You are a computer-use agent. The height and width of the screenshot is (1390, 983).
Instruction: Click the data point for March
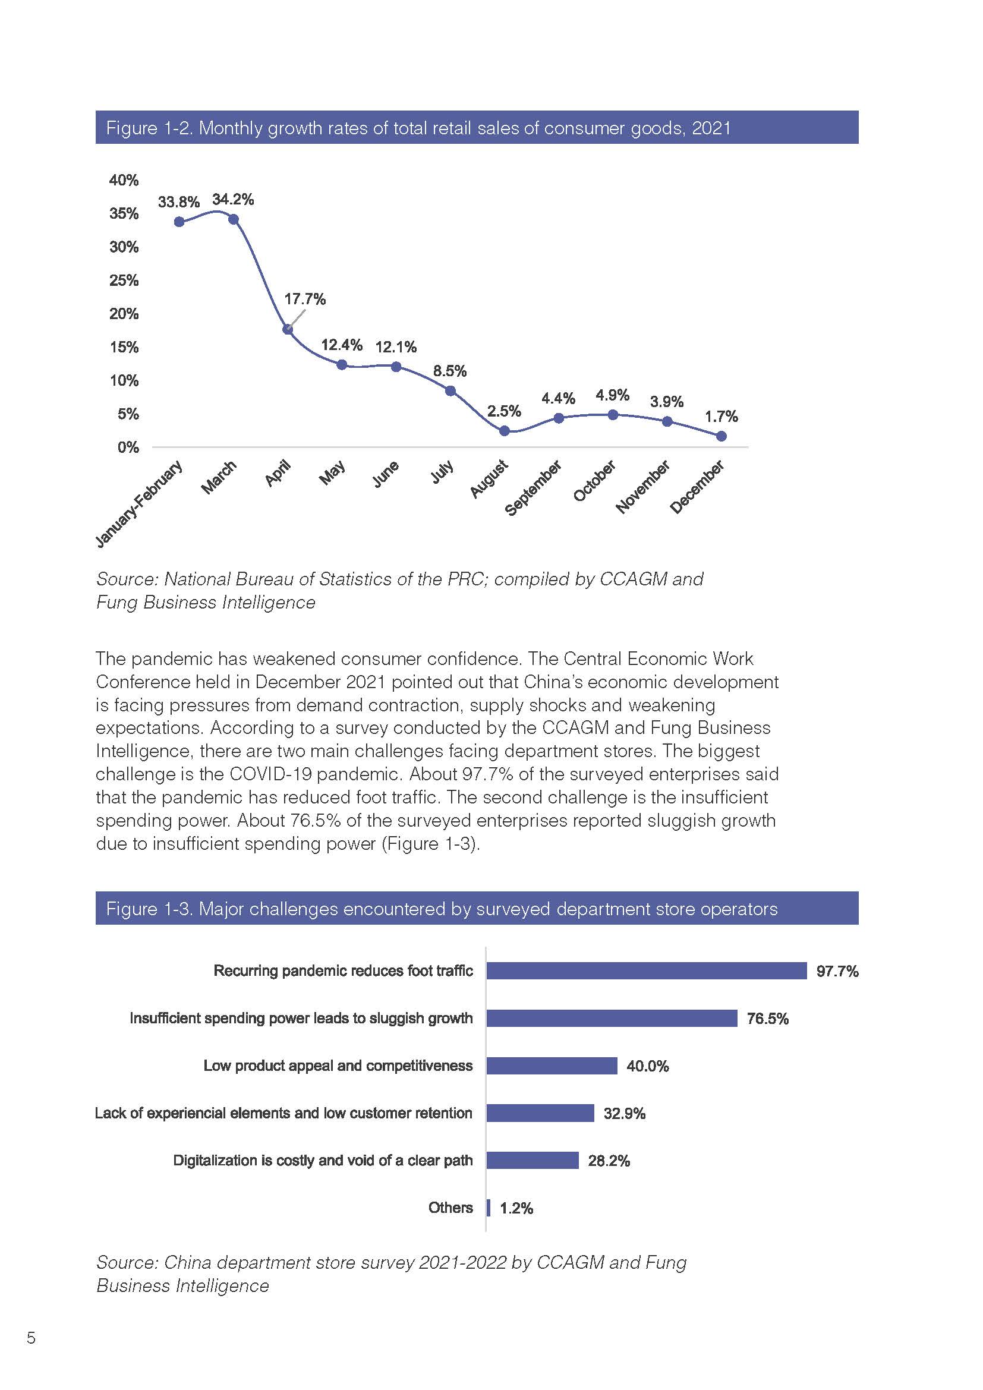pos(234,219)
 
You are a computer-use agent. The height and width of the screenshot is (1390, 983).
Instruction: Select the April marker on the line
pos(288,329)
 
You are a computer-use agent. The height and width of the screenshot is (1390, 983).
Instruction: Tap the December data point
pos(722,436)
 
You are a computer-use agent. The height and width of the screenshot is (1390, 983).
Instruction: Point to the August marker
pos(505,431)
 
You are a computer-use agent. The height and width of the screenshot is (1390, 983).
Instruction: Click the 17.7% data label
pos(305,299)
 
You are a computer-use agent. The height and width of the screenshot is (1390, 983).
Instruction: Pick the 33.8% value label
pos(178,202)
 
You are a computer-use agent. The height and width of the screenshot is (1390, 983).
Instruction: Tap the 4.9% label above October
pos(613,395)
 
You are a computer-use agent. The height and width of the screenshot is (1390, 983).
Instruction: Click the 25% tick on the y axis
pos(124,280)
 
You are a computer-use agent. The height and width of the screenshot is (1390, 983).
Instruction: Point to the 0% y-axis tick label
pos(128,447)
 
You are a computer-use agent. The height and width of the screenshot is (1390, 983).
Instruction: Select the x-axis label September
pos(533,488)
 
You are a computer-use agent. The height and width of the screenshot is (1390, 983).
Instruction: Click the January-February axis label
pos(138,505)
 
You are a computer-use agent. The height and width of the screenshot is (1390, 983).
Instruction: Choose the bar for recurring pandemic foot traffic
pos(647,971)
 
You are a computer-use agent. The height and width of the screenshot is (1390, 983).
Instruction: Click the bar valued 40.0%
pos(552,1066)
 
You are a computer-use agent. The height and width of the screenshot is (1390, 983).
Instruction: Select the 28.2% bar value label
pos(609,1161)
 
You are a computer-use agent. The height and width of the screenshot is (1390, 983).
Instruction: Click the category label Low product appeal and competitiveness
pos(338,1066)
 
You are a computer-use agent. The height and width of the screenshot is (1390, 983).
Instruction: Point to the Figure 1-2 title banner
pos(477,127)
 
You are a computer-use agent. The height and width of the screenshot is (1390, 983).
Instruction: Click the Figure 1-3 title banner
pos(477,908)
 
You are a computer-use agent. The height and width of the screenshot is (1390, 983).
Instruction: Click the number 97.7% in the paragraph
pos(484,774)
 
